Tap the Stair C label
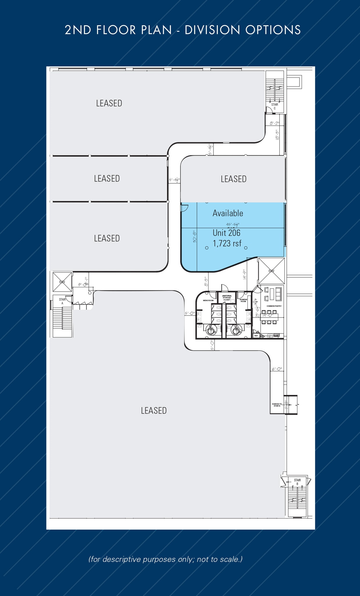[275, 106]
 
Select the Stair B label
[297, 482]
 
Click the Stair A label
[62, 301]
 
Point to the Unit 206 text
[227, 233]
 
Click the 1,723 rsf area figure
[227, 243]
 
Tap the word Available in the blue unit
[228, 213]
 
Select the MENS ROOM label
[208, 300]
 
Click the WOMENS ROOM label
[243, 300]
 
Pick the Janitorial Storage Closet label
[227, 298]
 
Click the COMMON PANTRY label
[274, 306]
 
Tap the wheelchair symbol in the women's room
[236, 331]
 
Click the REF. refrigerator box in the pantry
[256, 336]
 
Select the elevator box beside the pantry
[271, 271]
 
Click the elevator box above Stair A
[62, 282]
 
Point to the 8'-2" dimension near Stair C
[275, 123]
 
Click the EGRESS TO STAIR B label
[277, 405]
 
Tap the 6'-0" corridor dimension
[277, 369]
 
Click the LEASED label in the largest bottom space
[154, 411]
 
